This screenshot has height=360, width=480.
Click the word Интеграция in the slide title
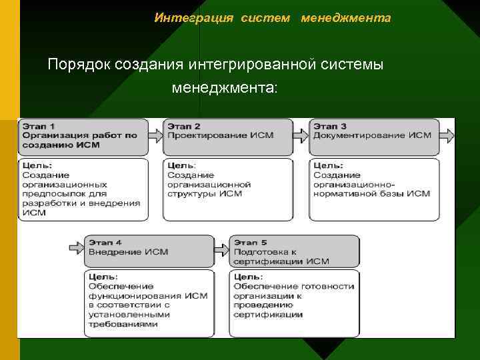(194, 18)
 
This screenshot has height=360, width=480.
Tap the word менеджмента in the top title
(346, 18)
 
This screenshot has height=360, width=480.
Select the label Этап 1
(39, 126)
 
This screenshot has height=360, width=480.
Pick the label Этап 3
(330, 126)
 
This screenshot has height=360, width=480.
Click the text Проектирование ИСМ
(211, 135)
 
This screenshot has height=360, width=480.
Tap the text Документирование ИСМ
(372, 135)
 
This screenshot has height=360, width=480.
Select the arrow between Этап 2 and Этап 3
(301, 135)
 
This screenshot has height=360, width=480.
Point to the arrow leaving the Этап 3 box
(448, 135)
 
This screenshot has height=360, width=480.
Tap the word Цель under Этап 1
(37, 165)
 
